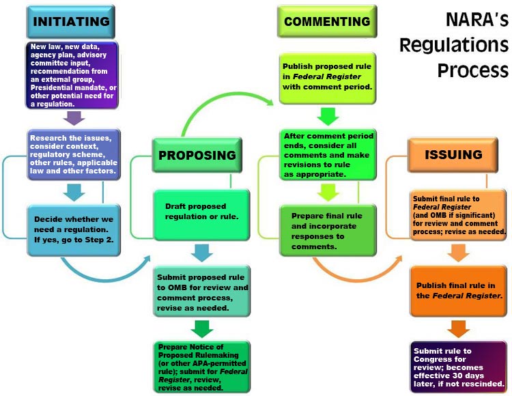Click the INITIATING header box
click(70, 21)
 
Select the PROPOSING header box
click(197, 154)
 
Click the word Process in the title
click(473, 70)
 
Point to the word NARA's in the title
click(471, 20)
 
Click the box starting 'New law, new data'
click(72, 75)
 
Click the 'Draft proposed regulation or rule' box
click(201, 211)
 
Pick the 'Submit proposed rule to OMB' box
click(201, 293)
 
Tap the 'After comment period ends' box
click(328, 156)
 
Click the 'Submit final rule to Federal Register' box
click(458, 213)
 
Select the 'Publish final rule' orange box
click(458, 289)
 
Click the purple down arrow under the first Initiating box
click(73, 118)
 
